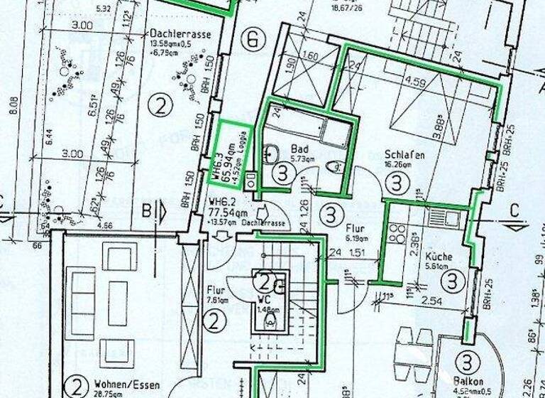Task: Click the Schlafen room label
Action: tap(400, 154)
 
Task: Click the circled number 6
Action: tap(250, 39)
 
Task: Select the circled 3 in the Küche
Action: tap(451, 281)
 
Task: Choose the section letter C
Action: tap(517, 211)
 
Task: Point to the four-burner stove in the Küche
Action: tap(397, 235)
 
